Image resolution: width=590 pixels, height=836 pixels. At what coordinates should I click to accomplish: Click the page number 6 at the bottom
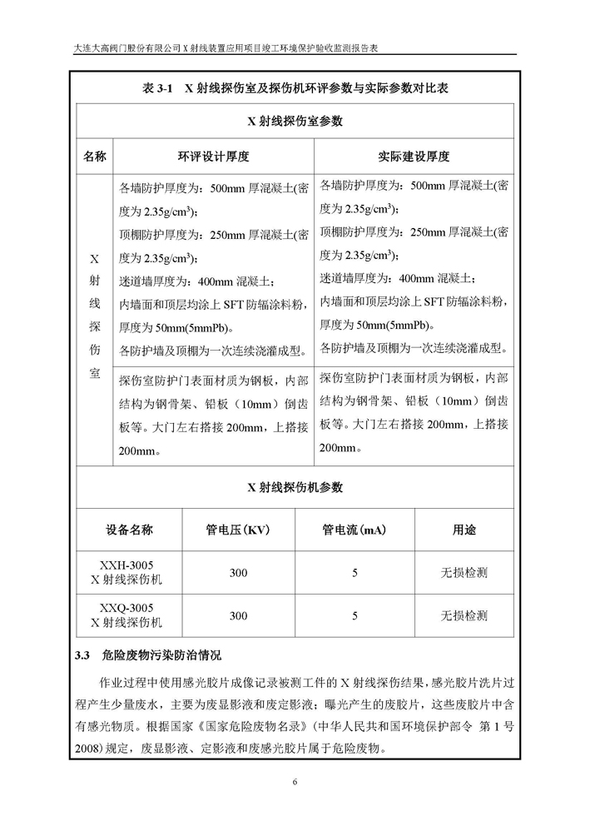coord(295,781)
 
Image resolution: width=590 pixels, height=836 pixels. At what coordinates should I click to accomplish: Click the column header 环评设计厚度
coord(214,156)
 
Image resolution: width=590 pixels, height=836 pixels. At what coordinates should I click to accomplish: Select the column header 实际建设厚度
coord(414,156)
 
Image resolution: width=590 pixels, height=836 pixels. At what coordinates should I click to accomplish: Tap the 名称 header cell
coord(95,156)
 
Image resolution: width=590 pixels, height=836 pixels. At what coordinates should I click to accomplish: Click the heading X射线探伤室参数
coord(295,121)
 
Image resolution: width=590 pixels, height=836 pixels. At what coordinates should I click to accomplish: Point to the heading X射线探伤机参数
coord(295,486)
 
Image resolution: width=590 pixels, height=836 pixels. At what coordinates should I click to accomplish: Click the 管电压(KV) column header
coord(239,529)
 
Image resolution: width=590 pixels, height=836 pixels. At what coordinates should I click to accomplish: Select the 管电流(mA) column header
coord(354,529)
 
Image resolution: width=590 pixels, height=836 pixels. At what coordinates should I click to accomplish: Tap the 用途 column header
coord(464,529)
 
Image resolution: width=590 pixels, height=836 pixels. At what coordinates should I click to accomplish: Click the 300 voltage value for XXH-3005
coord(239,573)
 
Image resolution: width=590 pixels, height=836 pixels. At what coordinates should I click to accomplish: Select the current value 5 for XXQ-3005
coord(354,616)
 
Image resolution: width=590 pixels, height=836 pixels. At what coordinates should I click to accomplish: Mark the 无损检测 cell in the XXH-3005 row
coord(464,573)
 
